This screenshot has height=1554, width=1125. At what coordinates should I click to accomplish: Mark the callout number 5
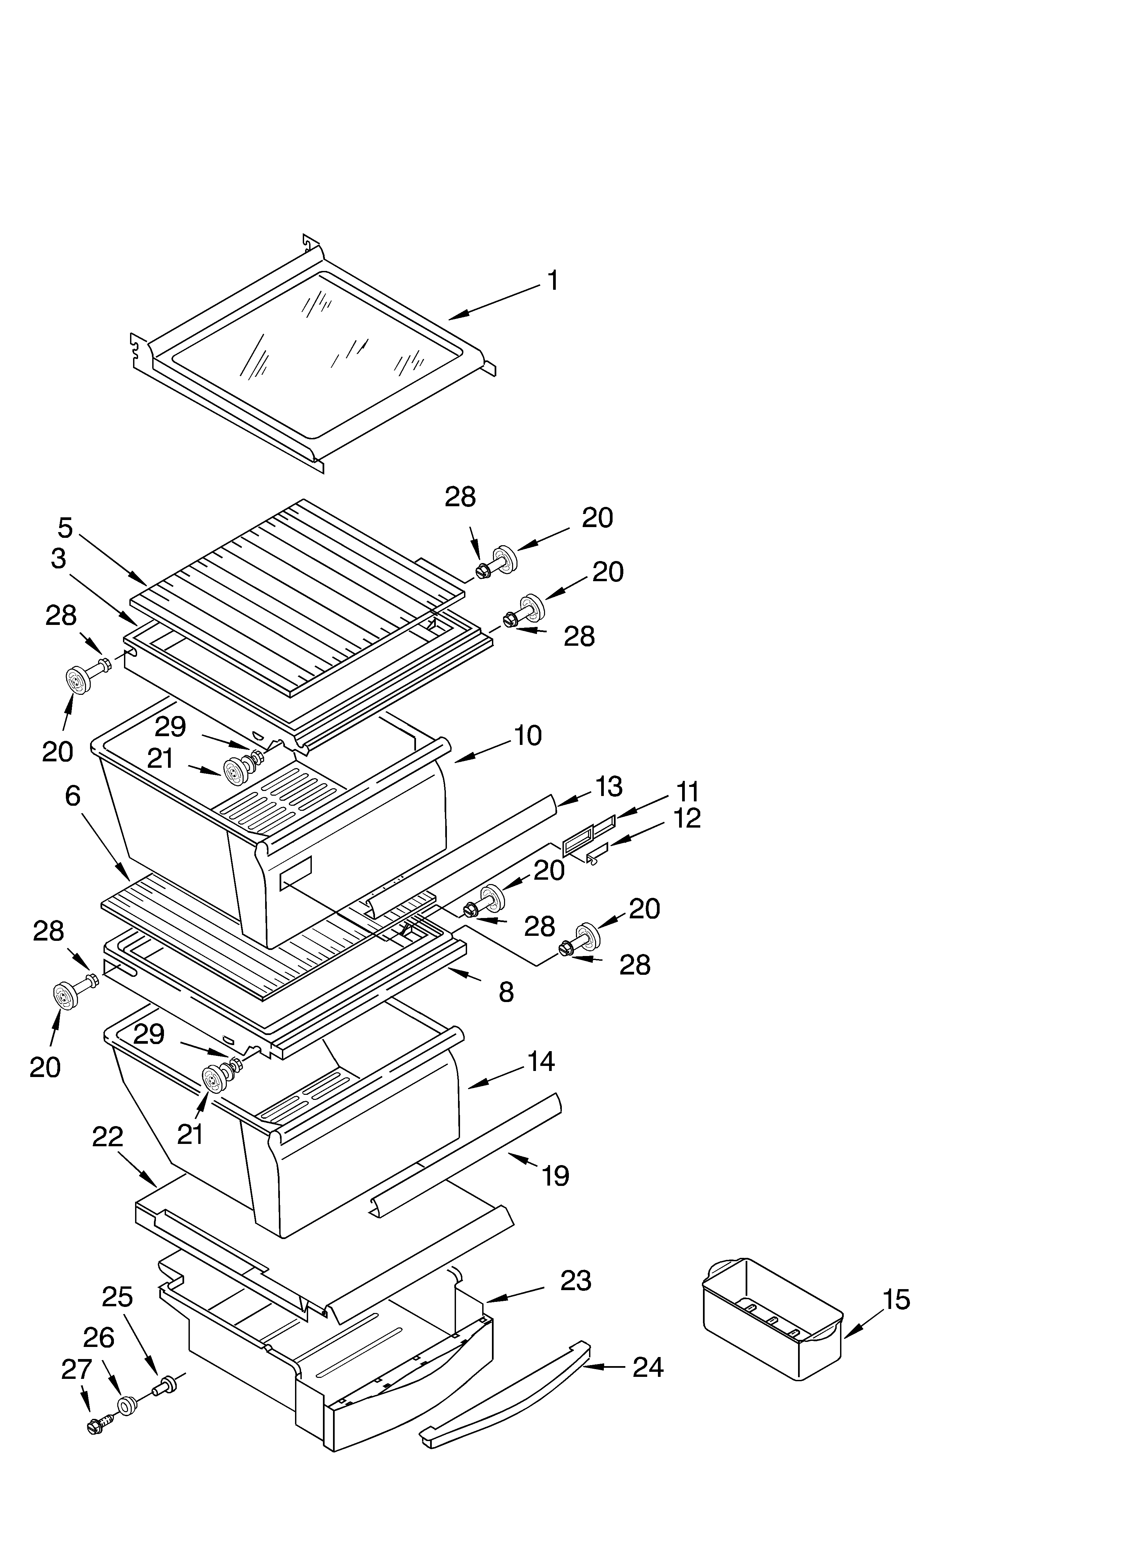(65, 528)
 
